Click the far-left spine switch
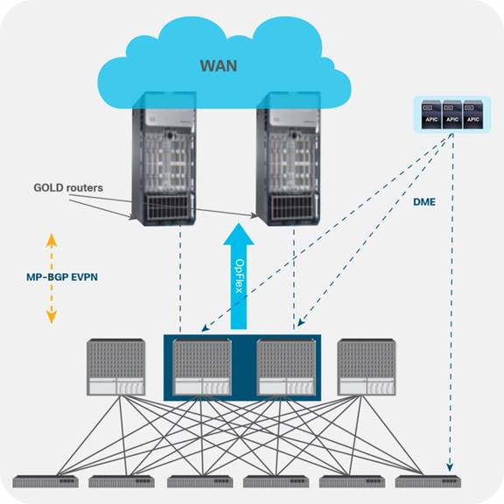click(116, 367)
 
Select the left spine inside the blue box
click(202, 367)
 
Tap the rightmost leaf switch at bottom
click(429, 481)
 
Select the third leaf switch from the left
click(199, 481)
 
